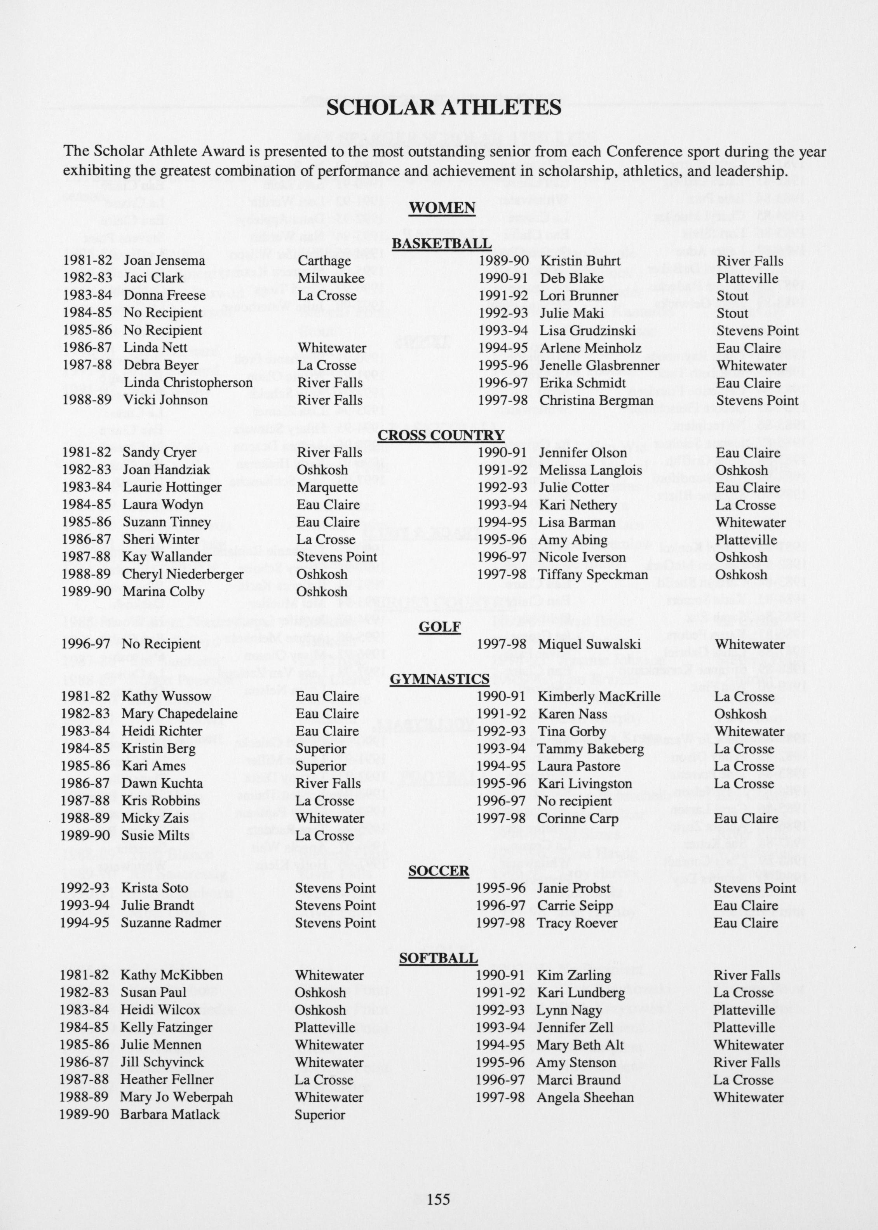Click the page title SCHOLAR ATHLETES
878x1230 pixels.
[443, 107]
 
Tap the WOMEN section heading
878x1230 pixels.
[442, 208]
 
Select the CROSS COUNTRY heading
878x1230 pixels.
[441, 435]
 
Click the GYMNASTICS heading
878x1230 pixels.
[439, 679]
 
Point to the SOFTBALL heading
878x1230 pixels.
[439, 958]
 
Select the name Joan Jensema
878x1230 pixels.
[164, 261]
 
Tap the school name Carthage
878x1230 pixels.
[324, 261]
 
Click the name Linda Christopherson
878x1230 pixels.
[188, 383]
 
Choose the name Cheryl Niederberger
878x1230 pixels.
[183, 575]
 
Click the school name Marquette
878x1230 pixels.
[327, 487]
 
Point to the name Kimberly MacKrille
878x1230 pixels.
[599, 697]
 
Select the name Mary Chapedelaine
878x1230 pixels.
[179, 714]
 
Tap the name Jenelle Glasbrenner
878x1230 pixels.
[599, 366]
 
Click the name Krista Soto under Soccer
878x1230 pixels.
[155, 888]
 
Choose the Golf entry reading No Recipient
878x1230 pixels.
[161, 644]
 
